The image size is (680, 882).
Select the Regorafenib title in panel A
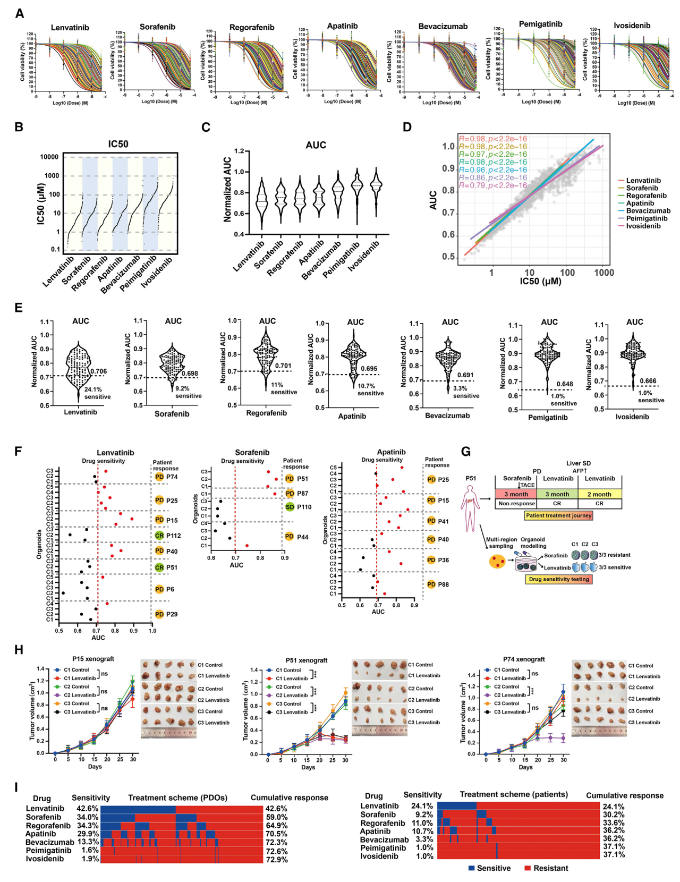252,27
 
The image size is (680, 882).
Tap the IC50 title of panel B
118,144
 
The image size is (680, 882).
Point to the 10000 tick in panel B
49,157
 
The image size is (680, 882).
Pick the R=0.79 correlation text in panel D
492,185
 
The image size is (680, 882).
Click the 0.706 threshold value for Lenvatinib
98,371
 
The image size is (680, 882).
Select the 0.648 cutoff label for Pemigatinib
565,384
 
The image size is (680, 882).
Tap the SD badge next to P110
290,507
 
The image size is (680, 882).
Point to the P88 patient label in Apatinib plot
443,584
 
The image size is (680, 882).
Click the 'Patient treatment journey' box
558,515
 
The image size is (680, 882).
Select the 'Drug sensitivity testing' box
559,579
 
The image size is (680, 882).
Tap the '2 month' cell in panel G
599,494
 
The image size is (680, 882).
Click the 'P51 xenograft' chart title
307,660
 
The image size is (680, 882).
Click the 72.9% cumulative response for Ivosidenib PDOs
276,860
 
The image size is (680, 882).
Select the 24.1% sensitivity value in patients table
422,806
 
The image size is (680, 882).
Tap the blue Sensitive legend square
471,868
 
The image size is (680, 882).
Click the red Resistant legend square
528,868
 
